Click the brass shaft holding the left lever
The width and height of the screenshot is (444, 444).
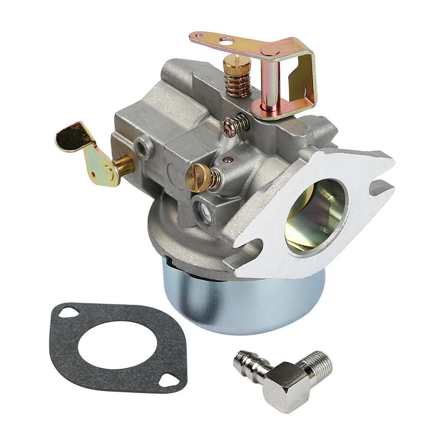click(x=124, y=165)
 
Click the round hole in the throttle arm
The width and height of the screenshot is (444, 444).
click(x=226, y=41)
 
